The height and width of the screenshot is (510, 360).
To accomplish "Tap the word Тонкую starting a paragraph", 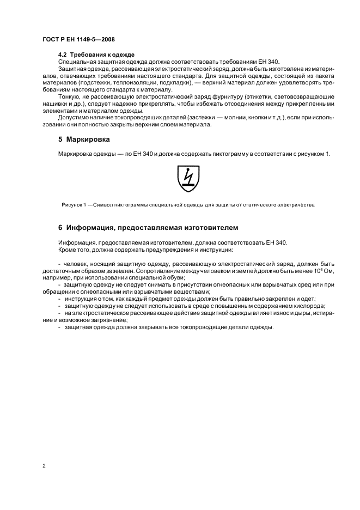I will point(69,96).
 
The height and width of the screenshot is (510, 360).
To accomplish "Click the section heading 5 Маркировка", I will point(84,139).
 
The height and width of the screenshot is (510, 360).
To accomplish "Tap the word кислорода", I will point(310,306).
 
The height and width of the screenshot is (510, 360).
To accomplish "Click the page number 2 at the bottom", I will point(44,466).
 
